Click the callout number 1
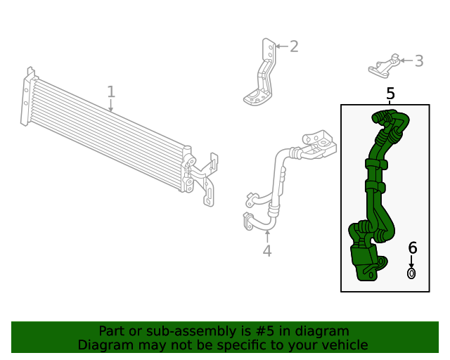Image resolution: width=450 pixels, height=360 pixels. (111, 91)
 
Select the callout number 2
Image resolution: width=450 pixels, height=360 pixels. (294, 46)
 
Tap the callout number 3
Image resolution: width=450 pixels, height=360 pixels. (419, 61)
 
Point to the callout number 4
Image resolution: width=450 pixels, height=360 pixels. (267, 250)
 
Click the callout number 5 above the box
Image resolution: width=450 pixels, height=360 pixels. (390, 94)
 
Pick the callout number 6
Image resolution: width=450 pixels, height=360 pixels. (413, 247)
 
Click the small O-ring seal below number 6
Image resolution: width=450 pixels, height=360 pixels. (411, 274)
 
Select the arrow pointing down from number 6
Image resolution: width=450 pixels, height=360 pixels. (411, 262)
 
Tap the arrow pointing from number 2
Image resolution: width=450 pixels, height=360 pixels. (282, 46)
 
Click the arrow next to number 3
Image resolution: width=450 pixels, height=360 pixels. (406, 60)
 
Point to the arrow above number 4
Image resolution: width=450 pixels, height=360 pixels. (267, 236)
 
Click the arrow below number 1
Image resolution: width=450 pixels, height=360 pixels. (111, 105)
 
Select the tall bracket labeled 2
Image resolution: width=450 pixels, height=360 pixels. (260, 72)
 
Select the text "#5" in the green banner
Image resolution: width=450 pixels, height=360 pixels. (265, 330)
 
